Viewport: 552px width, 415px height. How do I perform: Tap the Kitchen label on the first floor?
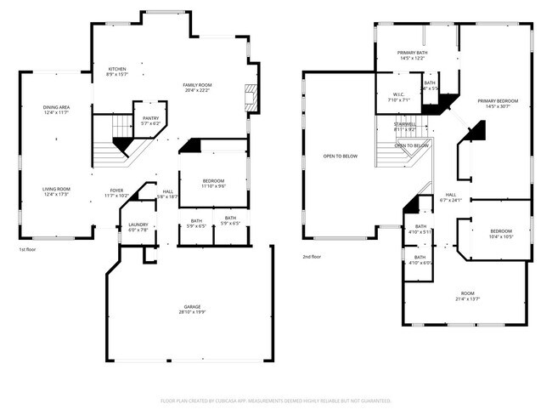pos(116,71)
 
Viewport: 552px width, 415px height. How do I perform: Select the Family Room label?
pos(197,88)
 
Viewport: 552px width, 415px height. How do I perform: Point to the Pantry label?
pos(150,121)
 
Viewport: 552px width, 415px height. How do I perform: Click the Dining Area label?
pos(57,110)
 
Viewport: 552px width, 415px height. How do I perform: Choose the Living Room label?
pos(57,191)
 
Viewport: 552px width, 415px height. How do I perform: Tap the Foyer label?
pos(117,193)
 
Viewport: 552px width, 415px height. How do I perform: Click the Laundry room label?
pos(138,227)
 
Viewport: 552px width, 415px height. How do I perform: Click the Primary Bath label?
pos(413,56)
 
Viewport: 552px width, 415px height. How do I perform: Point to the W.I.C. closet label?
pos(399,97)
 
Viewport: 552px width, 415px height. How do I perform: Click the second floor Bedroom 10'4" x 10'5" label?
pos(501,234)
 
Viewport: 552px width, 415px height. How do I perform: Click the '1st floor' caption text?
pos(28,250)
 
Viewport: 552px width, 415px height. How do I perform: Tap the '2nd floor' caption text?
pos(312,256)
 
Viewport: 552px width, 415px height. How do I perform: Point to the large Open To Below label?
pos(340,156)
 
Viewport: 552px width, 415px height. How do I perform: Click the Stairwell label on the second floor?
pos(405,127)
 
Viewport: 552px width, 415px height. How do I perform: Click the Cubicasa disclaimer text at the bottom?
pos(276,400)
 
